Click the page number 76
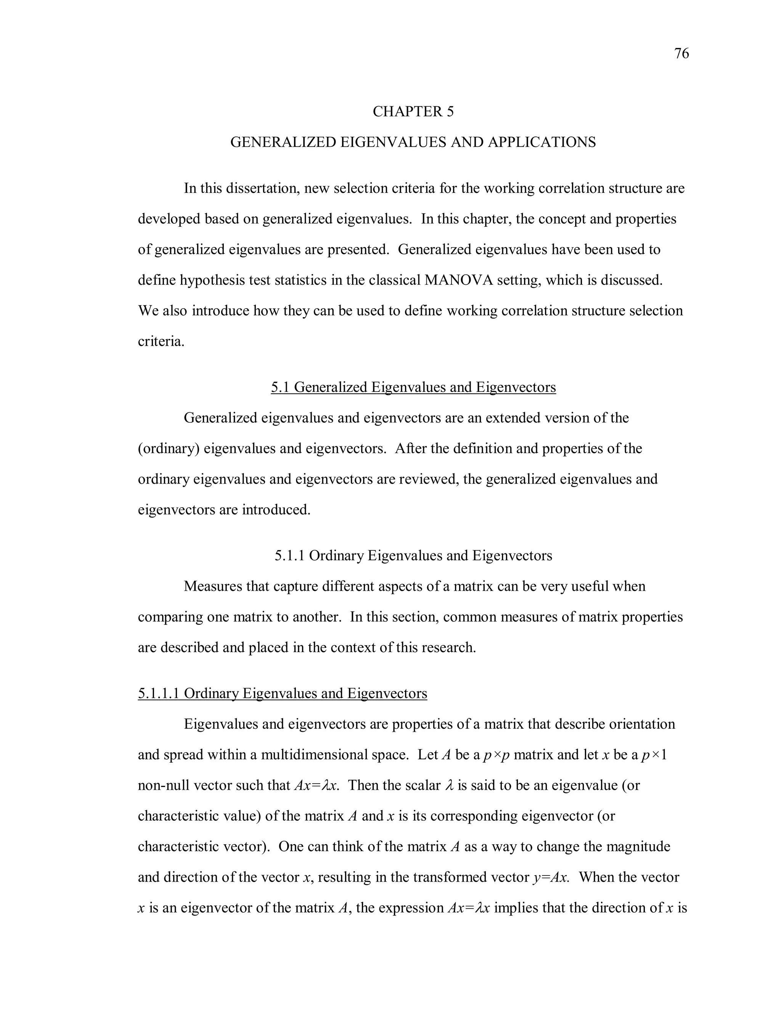[681, 54]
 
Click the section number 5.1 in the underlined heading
[280, 387]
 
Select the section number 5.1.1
[290, 555]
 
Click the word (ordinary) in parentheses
[169, 449]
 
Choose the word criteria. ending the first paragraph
[161, 342]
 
